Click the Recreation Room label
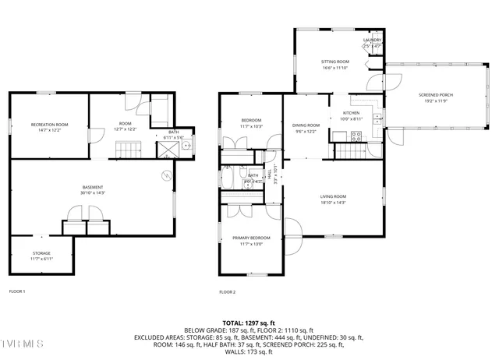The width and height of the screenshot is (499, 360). click(49, 125)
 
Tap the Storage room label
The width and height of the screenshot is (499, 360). click(41, 253)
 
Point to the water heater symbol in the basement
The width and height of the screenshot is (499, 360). click(166, 176)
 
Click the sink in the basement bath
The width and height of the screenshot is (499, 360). click(187, 145)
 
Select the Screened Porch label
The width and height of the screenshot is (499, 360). click(438, 95)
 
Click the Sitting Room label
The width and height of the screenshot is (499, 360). click(335, 62)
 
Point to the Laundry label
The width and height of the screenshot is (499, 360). click(372, 41)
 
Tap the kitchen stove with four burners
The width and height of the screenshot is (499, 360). click(356, 136)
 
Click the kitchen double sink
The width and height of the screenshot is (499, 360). click(377, 118)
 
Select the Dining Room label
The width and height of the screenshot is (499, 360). click(306, 125)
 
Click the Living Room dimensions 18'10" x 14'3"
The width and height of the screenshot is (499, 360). click(333, 203)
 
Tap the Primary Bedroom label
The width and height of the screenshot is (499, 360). click(251, 238)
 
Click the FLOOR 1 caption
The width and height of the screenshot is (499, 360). click(17, 291)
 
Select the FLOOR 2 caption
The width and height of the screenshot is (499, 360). click(228, 291)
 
